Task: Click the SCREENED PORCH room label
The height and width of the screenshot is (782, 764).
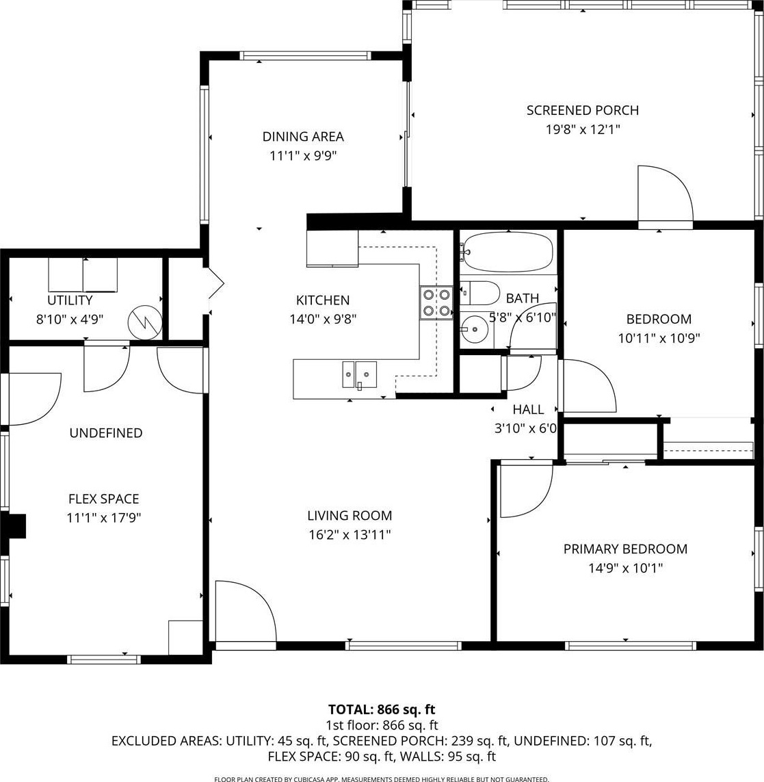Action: coord(583,110)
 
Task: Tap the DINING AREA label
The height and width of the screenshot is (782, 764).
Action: coord(303,137)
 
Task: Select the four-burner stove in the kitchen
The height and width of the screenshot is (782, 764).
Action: coord(436,302)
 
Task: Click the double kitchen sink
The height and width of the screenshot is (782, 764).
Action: coord(359,374)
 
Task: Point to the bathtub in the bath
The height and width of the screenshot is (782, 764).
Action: coord(507,252)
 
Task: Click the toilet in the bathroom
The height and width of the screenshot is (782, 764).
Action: coord(479,293)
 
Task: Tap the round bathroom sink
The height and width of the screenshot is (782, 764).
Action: coord(474,329)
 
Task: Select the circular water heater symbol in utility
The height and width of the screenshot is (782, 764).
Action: coord(145,322)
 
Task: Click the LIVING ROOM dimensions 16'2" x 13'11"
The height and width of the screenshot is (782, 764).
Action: coord(350,534)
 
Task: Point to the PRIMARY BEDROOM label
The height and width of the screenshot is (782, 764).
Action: coord(625,549)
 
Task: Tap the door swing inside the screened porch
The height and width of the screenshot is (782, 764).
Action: coord(666,194)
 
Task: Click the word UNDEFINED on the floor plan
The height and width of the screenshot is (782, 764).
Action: coord(106,433)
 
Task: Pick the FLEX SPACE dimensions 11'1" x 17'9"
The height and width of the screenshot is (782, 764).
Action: coord(104,518)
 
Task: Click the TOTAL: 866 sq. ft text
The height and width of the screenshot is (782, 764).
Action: coord(382,709)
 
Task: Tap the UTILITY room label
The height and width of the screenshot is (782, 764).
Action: coord(70,300)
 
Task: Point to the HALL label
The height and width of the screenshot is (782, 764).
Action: coord(528,409)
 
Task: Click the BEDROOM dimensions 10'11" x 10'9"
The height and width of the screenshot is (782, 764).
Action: coord(659,338)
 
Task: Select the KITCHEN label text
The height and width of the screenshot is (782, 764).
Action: coord(323,300)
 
